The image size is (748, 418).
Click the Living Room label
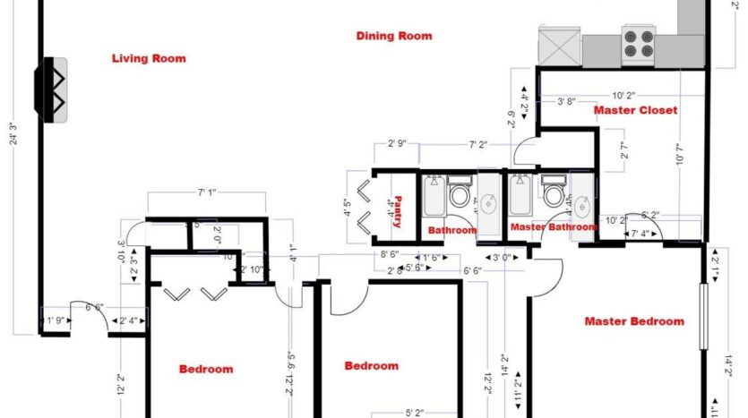149,59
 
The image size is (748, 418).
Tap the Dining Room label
394,37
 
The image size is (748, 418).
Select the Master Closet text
635,110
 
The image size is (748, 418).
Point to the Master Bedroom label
634,321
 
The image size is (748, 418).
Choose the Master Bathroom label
553,227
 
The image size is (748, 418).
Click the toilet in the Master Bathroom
554,193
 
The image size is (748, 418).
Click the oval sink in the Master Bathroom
582,202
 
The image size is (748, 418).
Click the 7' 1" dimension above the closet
208,191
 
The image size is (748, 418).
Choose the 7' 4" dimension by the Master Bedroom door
641,235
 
